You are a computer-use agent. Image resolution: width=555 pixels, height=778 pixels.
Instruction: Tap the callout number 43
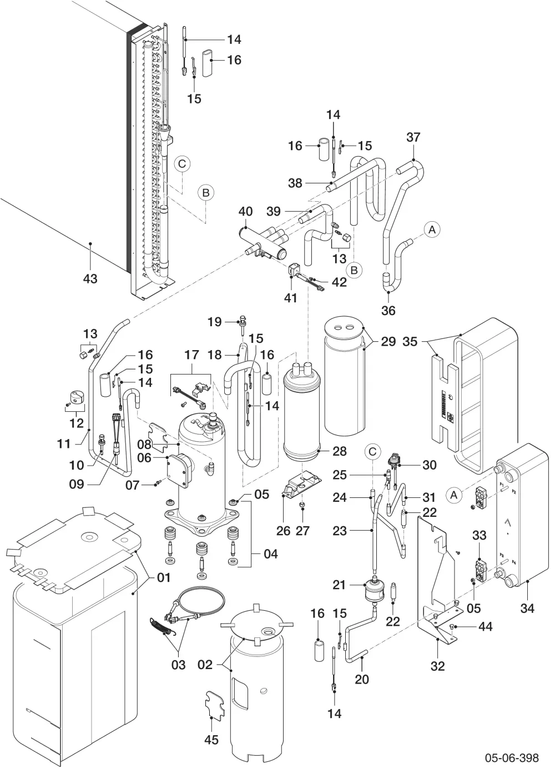point(90,278)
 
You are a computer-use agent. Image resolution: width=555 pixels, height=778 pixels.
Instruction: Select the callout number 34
point(527,608)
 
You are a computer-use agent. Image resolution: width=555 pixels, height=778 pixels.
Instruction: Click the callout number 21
point(339,585)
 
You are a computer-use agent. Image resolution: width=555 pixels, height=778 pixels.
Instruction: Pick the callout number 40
point(245,211)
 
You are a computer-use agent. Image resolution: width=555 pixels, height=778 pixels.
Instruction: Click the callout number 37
point(413,137)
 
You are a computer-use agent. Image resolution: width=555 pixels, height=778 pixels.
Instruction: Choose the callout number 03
point(178,665)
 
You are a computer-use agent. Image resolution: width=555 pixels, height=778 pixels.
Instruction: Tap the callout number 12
point(77,423)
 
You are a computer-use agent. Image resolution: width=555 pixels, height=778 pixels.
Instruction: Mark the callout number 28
point(339,451)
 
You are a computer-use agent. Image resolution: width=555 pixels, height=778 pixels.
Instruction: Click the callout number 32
point(437,666)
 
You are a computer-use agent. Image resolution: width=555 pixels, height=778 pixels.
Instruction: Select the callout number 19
point(214,322)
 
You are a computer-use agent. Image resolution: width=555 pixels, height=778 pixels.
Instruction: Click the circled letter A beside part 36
point(432,230)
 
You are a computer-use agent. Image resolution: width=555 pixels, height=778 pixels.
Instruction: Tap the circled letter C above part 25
point(372,451)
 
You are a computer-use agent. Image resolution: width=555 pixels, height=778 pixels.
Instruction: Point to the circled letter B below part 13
point(354,270)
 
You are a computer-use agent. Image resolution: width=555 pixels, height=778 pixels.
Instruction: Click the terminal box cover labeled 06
point(178,471)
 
